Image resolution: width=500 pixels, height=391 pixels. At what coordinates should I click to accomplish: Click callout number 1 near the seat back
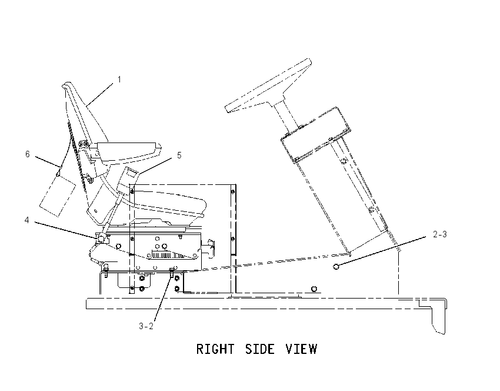(x=119, y=79)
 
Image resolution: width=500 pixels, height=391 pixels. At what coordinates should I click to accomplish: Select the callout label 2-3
(x=440, y=234)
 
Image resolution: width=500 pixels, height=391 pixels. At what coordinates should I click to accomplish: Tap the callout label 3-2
(x=146, y=326)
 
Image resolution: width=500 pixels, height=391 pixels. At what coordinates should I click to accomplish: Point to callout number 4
(x=27, y=220)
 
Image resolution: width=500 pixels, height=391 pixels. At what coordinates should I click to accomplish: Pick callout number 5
(x=179, y=155)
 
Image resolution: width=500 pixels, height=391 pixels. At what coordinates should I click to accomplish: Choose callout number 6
(x=28, y=154)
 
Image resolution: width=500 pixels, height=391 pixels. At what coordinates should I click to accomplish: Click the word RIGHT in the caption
(x=215, y=349)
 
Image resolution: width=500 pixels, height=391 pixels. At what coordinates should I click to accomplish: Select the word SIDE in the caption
(x=259, y=349)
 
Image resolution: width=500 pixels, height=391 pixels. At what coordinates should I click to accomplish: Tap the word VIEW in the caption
(x=301, y=349)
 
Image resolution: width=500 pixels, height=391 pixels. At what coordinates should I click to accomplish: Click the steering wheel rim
(x=268, y=85)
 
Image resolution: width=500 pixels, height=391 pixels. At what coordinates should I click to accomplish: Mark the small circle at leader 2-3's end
(x=336, y=267)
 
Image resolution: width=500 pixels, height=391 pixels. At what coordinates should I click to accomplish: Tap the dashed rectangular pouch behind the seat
(x=58, y=195)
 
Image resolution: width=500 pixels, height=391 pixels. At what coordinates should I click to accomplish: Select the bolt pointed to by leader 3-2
(x=172, y=272)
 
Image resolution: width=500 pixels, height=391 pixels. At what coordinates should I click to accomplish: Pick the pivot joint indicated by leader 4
(x=101, y=238)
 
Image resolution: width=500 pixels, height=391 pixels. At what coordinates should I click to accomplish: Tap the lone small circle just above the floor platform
(x=314, y=289)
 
